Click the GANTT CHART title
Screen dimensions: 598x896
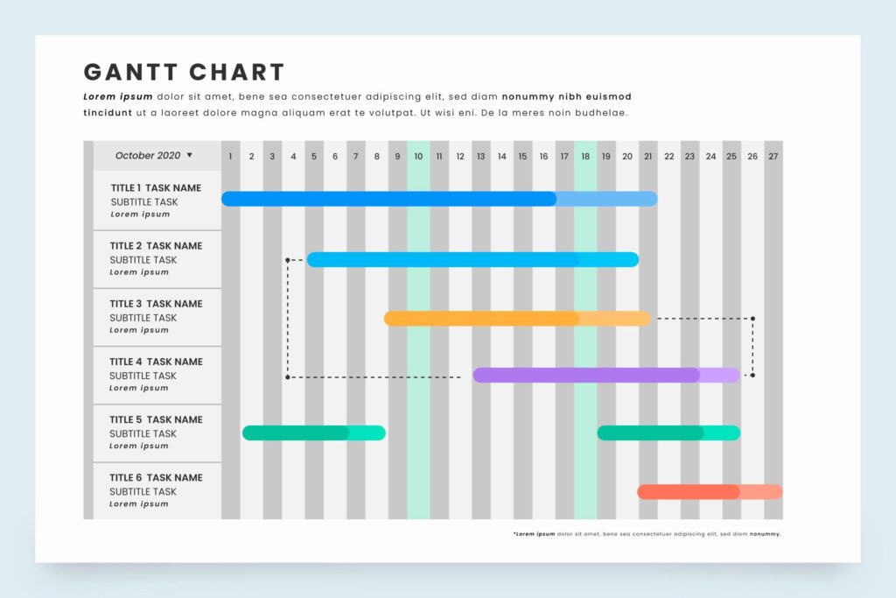[x=184, y=72]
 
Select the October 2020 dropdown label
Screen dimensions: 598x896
[x=148, y=156]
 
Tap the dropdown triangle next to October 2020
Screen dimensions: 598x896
[x=190, y=155]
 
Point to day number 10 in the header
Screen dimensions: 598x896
[x=418, y=157]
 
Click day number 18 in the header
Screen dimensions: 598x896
[x=585, y=157]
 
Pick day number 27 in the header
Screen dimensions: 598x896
[x=773, y=157]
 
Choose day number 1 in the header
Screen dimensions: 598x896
[x=231, y=157]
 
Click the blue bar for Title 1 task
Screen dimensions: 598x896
[x=438, y=199]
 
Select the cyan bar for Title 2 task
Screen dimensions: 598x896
[x=472, y=259]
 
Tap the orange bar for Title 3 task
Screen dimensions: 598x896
[x=517, y=318]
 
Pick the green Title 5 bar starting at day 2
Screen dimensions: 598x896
[x=313, y=433]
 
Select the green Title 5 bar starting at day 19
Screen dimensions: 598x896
[x=668, y=433]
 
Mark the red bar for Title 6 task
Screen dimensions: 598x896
[x=710, y=492]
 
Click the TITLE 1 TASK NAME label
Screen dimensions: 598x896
[x=156, y=188]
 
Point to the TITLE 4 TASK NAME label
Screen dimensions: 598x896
[x=156, y=362]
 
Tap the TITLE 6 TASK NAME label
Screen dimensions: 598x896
[x=156, y=477]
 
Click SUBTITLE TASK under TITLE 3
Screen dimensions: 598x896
[x=143, y=318]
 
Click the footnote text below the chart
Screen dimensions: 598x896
[x=647, y=533]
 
